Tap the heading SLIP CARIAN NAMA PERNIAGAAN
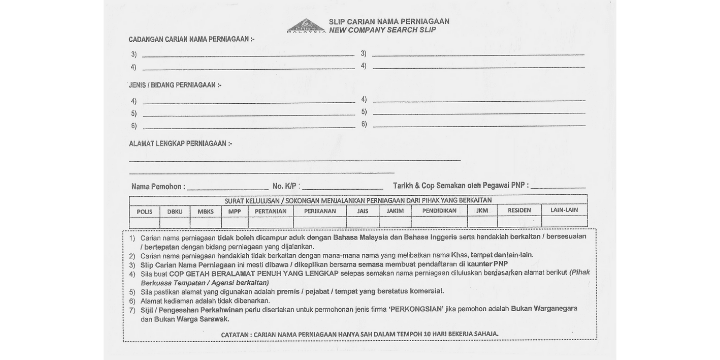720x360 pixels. pos(391,20)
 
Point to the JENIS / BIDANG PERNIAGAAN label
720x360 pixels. pos(170,85)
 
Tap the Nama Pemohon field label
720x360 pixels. pos(158,186)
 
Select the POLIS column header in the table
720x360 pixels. pos(145,211)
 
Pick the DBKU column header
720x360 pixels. pos(175,211)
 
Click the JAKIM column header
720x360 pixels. pos(395,211)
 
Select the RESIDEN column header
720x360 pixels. pos(519,211)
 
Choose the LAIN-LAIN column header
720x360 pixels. pos(566,211)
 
